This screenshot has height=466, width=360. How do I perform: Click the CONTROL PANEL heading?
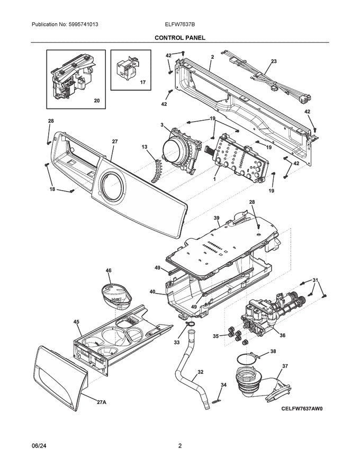pyautogui.click(x=179, y=38)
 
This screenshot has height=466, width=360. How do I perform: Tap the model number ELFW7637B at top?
pyautogui.click(x=179, y=25)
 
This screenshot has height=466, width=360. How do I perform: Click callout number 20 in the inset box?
pyautogui.click(x=96, y=100)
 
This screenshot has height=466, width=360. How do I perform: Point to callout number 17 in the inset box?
pyautogui.click(x=142, y=83)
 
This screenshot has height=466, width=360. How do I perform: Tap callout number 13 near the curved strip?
pyautogui.click(x=144, y=147)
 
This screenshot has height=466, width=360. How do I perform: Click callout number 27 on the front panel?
pyautogui.click(x=114, y=141)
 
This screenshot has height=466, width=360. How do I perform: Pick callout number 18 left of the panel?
pyautogui.click(x=52, y=189)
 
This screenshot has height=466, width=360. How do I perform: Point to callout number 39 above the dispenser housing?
pyautogui.click(x=217, y=218)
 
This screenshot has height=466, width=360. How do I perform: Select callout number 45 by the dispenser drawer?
pyautogui.click(x=76, y=321)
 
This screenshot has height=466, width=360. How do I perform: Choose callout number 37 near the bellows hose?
pyautogui.click(x=285, y=366)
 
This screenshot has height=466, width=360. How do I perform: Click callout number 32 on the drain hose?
pyautogui.click(x=200, y=372)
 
